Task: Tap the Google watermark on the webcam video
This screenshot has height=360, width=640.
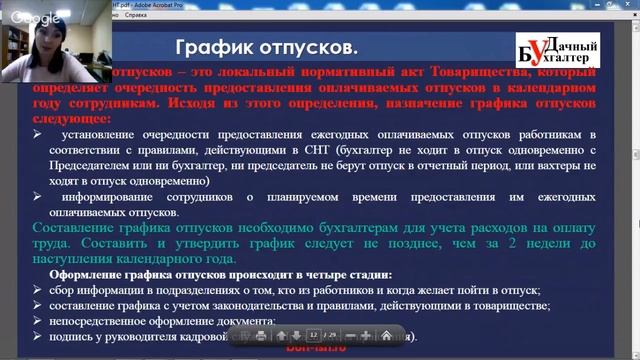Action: (x=37, y=19)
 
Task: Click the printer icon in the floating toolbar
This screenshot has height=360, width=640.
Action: (x=260, y=335)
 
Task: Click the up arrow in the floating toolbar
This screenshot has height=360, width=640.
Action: (x=282, y=335)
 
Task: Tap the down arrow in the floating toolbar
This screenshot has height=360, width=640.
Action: (x=297, y=335)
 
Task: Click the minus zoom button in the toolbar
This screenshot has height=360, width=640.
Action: (x=348, y=335)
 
